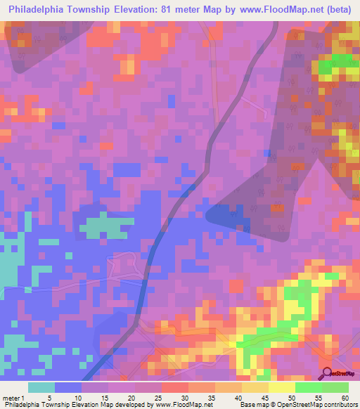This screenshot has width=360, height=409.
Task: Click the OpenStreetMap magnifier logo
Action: [328, 374]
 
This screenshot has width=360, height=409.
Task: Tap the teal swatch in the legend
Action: [41, 387]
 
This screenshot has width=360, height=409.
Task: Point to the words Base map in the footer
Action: [252, 405]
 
